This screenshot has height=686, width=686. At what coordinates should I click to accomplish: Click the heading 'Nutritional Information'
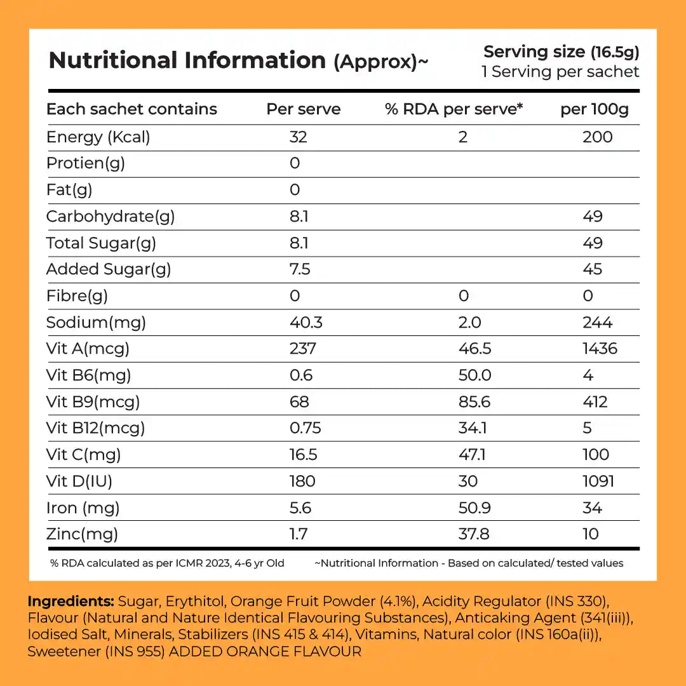click(x=187, y=60)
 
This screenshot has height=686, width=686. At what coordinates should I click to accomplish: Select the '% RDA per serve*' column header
click(x=454, y=109)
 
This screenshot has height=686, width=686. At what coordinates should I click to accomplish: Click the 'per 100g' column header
click(x=594, y=109)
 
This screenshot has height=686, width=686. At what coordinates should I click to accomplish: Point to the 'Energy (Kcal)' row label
click(x=98, y=137)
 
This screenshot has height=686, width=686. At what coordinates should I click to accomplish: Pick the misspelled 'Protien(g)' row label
click(x=86, y=163)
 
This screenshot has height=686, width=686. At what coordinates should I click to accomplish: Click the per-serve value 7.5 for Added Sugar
click(x=300, y=269)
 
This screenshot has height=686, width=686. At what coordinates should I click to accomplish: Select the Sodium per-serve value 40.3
click(x=306, y=323)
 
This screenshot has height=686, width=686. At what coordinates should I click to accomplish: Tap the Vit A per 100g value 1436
click(x=600, y=349)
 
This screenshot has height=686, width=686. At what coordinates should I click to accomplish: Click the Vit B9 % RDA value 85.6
click(x=474, y=402)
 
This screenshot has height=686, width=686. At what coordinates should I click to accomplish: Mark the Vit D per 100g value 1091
click(x=598, y=481)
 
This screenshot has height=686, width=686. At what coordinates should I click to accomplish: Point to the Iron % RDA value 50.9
click(x=474, y=508)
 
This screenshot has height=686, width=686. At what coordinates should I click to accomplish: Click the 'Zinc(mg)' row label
click(x=82, y=534)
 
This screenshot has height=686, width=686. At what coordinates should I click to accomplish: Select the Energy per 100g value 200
click(x=597, y=137)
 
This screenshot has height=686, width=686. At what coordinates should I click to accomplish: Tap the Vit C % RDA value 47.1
click(x=472, y=455)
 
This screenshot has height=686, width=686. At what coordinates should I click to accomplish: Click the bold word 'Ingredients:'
click(x=71, y=601)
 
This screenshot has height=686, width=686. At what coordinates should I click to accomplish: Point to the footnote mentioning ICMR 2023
click(x=167, y=563)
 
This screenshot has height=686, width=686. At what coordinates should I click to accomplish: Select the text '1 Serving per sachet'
click(x=560, y=72)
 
